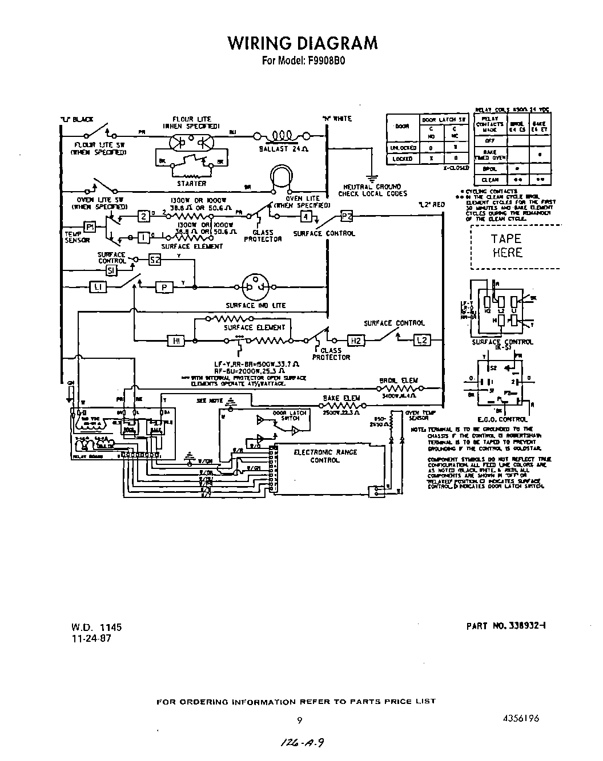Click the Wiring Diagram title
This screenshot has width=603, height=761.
pyautogui.click(x=302, y=43)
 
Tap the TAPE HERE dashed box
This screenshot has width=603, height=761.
pyautogui.click(x=506, y=246)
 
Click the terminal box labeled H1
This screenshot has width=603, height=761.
pyautogui.click(x=176, y=341)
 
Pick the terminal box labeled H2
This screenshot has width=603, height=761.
pyautogui.click(x=355, y=341)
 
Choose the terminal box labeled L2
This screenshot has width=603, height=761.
pyautogui.click(x=421, y=341)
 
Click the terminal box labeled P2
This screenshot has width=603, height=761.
pyautogui.click(x=347, y=216)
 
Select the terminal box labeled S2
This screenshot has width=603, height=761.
pyautogui.click(x=155, y=260)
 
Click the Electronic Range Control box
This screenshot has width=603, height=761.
pyautogui.click(x=325, y=468)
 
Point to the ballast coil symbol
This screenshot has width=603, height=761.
pyautogui.click(x=281, y=136)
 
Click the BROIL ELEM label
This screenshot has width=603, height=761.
pyautogui.click(x=398, y=380)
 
